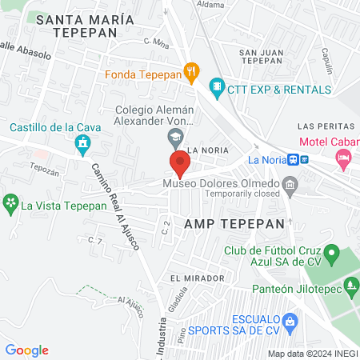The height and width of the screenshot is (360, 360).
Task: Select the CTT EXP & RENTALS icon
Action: click(x=216, y=86)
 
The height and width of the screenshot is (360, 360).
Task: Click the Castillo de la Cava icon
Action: click(x=82, y=144)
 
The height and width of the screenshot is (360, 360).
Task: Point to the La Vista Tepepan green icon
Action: click(x=10, y=204)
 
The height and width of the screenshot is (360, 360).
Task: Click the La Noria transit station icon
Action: click(x=295, y=159)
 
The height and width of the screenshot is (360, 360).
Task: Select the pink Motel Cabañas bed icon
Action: click(x=344, y=159)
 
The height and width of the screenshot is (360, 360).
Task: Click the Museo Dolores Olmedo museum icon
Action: click(x=290, y=188)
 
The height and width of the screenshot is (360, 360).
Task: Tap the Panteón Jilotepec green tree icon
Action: click(x=350, y=285)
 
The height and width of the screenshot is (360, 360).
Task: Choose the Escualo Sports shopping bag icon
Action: click(x=290, y=323)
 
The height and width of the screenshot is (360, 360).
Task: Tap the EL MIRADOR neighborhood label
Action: click(x=197, y=278)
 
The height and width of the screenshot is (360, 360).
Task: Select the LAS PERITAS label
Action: click(x=325, y=126)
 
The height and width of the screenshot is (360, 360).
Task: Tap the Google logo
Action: click(x=27, y=350)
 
